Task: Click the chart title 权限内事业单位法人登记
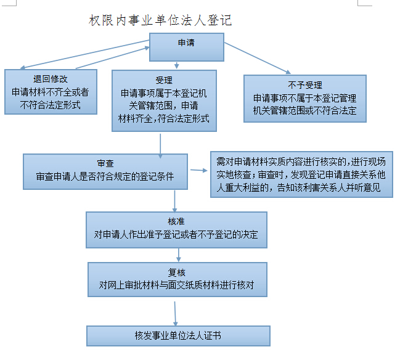pos(160,20)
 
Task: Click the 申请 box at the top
pos(187,47)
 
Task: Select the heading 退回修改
pos(51,79)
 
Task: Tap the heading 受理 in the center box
pos(164,80)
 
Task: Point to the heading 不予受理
pos(305,85)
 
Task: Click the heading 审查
pos(105,163)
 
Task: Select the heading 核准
pos(176,221)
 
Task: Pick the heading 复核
pos(177,272)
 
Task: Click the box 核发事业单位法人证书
pos(178,336)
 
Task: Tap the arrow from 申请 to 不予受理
pos(258,58)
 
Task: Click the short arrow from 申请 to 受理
pos(177,65)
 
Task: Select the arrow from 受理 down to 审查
pos(160,146)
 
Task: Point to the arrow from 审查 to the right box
pos(198,170)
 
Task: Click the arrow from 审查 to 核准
pos(174,201)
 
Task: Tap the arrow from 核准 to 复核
pos(179,255)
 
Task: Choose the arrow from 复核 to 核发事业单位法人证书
pos(175,314)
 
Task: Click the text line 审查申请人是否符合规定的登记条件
pos(105,176)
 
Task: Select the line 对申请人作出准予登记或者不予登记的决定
pos(176,234)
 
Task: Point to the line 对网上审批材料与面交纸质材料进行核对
pos(177,285)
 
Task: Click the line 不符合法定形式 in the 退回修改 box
pos(51,105)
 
